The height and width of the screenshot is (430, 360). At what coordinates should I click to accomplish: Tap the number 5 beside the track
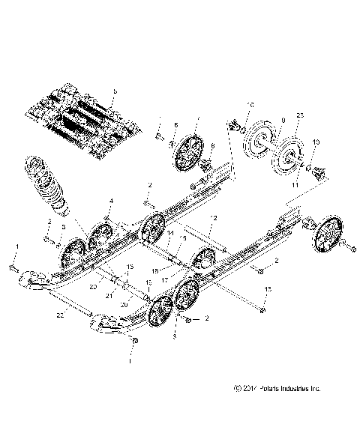click(115, 91)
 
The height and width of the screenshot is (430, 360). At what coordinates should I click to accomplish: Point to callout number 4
click(112, 201)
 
